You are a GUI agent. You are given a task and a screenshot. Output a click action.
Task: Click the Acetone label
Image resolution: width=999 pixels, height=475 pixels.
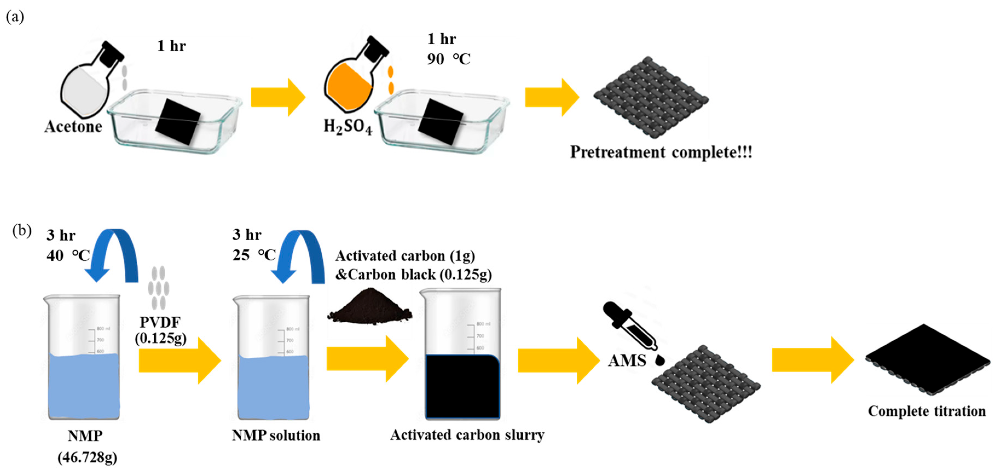73,127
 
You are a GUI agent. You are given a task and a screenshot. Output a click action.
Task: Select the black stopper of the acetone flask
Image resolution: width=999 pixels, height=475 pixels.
112,54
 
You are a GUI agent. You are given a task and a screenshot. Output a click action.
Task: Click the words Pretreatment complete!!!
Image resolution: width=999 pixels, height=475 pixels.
661,152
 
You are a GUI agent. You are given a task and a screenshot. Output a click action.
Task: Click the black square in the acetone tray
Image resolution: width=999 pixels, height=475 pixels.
178,122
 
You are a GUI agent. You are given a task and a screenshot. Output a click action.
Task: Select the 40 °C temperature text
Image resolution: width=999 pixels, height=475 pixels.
68,256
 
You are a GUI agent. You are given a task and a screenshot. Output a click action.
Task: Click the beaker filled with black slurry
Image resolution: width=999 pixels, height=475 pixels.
462,372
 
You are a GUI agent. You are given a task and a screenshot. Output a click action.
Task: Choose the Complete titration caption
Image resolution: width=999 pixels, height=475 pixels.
926,411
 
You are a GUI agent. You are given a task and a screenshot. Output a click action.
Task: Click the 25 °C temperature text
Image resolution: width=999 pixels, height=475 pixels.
254,255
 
